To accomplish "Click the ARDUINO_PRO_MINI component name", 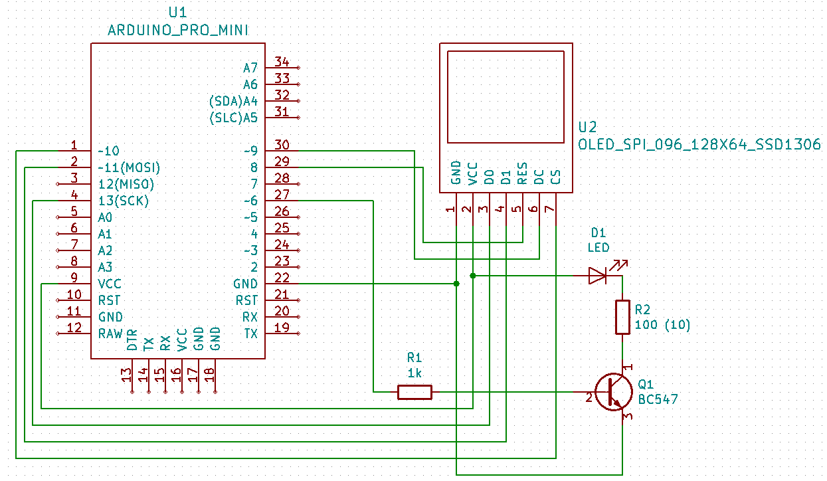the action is pyautogui.click(x=178, y=30).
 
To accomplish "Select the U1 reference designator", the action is pyautogui.click(x=177, y=13).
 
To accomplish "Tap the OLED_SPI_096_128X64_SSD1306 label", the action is pyautogui.click(x=699, y=144).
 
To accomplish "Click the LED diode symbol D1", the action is pyautogui.click(x=598, y=276).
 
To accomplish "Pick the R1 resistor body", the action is pyautogui.click(x=414, y=392).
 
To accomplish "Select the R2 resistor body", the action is pyautogui.click(x=622, y=317).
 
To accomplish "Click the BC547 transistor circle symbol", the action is pyautogui.click(x=614, y=392).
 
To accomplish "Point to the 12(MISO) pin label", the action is pyautogui.click(x=126, y=184).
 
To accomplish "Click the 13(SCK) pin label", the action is pyautogui.click(x=124, y=201).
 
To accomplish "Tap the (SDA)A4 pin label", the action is pyautogui.click(x=233, y=101).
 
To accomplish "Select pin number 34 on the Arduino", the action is pyautogui.click(x=282, y=62).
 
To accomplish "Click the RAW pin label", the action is pyautogui.click(x=110, y=334).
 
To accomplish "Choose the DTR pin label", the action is pyautogui.click(x=132, y=340).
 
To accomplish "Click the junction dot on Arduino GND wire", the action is pyautogui.click(x=456, y=284).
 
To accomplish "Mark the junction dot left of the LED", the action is pyautogui.click(x=473, y=276).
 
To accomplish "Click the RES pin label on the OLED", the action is pyautogui.click(x=522, y=173).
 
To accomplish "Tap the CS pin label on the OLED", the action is pyautogui.click(x=555, y=177).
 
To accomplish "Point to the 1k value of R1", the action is pyautogui.click(x=414, y=373).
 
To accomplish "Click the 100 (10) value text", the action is pyautogui.click(x=662, y=325).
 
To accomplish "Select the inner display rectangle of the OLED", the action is pyautogui.click(x=505, y=51).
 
